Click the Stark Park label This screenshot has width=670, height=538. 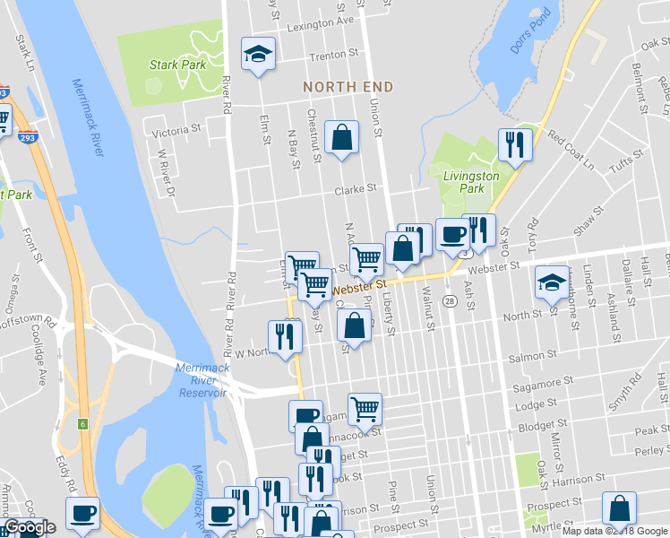pyautogui.click(x=177, y=65)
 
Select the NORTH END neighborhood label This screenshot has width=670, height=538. pyautogui.click(x=348, y=87)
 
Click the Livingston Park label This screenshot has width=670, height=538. pyautogui.click(x=471, y=182)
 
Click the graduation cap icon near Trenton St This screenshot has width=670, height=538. pyautogui.click(x=258, y=53)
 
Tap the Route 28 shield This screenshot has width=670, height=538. pyautogui.click(x=450, y=301)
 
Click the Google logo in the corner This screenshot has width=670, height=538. pyautogui.click(x=30, y=527)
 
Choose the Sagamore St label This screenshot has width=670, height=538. pyautogui.click(x=540, y=386)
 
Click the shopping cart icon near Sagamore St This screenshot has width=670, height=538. pyautogui.click(x=365, y=409)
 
